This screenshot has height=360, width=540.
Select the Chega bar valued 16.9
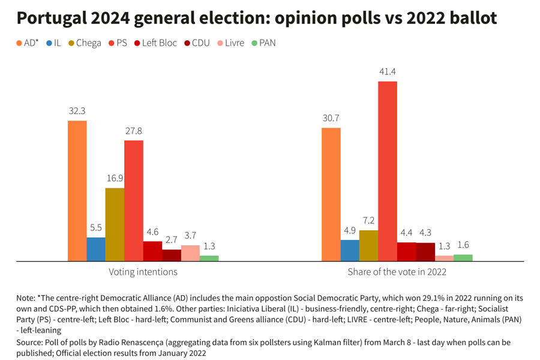click(115, 224)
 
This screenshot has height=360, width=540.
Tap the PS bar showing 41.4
click(388, 171)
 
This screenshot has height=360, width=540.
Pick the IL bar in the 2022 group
click(350, 250)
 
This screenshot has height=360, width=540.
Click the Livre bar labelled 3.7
click(190, 253)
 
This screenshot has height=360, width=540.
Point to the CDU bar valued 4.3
click(425, 252)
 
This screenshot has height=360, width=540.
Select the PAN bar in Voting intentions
click(209, 258)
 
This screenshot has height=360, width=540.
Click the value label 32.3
click(77, 111)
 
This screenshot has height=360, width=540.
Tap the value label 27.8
click(134, 131)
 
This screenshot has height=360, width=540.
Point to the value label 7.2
click(368, 221)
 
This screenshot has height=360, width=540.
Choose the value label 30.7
click(331, 118)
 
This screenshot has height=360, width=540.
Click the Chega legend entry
click(83, 43)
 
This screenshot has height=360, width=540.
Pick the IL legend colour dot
click(47, 43)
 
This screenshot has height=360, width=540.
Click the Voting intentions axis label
click(143, 272)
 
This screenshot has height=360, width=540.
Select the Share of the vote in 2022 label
click(397, 272)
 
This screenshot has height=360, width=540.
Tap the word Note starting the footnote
click(26, 298)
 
